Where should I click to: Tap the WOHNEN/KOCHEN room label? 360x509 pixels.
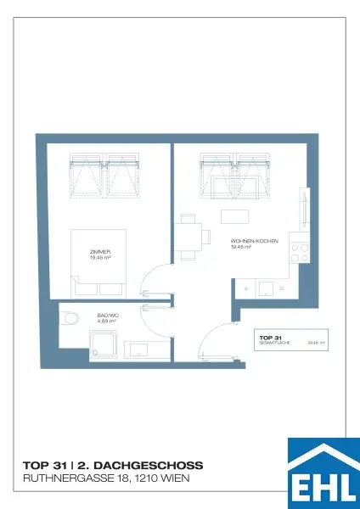(x=250, y=242)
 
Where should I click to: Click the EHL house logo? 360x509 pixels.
(x=323, y=472)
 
